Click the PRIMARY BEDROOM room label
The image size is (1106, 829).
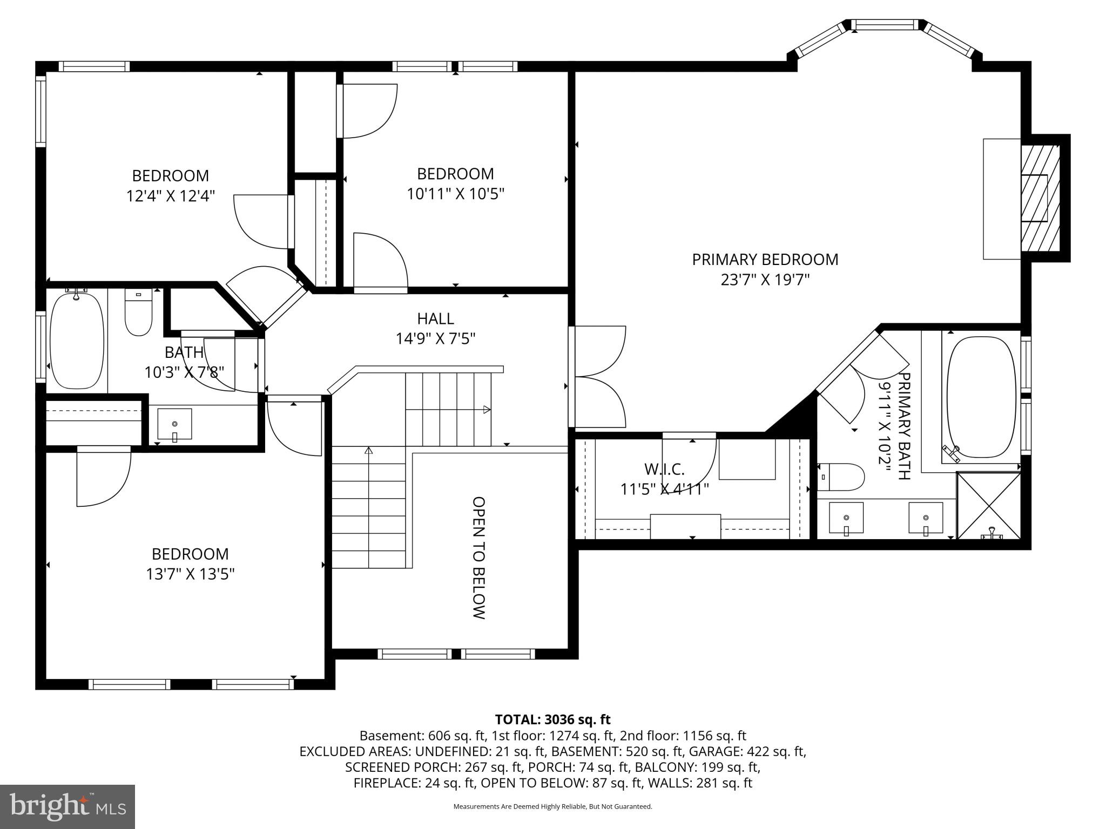[x=765, y=260]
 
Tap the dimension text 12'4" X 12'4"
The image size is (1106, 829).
[x=171, y=196]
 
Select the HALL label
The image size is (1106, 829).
[x=435, y=318]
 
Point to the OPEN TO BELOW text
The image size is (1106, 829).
[x=479, y=558]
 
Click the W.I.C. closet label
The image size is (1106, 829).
[x=664, y=469]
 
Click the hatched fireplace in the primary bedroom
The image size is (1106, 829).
[x=1040, y=198]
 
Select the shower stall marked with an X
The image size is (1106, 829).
[x=988, y=505]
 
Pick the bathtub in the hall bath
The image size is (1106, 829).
[x=77, y=340]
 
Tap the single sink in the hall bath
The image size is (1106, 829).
[x=174, y=424]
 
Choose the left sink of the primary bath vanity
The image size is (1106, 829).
[x=846, y=517]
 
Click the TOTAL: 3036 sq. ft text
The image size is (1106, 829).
[x=552, y=719]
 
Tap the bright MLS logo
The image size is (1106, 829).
[x=68, y=806]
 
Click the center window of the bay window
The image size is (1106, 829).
[x=885, y=24]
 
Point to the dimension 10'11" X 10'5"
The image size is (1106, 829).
[x=455, y=194]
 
